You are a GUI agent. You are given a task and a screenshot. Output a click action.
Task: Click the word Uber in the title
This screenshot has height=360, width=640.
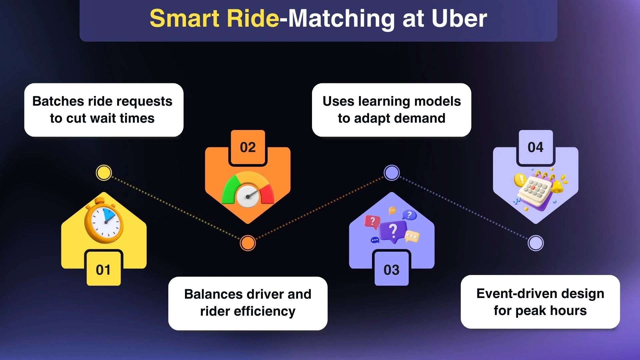pyautogui.click(x=459, y=19)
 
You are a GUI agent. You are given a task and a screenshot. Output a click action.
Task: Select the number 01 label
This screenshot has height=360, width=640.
pyautogui.click(x=103, y=270)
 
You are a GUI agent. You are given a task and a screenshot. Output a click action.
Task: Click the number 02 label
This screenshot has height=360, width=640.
pyautogui.click(x=248, y=147)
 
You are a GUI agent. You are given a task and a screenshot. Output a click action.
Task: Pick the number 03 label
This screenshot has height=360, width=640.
pyautogui.click(x=391, y=270)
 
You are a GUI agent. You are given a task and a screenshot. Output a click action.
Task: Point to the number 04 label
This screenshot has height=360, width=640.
pyautogui.click(x=535, y=147)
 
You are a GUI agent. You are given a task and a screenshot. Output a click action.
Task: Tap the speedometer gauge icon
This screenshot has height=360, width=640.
pyautogui.click(x=248, y=190)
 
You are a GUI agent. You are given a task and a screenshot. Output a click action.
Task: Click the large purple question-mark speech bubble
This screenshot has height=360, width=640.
pyautogui.click(x=393, y=231)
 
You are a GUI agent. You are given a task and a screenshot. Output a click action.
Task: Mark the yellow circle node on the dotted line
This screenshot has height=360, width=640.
pyautogui.click(x=104, y=173)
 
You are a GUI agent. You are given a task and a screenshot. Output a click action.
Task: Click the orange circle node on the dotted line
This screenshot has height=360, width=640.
pyautogui.click(x=248, y=243)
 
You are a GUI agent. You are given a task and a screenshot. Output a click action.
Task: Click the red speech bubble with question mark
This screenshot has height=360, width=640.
pyautogui.click(x=372, y=221)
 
